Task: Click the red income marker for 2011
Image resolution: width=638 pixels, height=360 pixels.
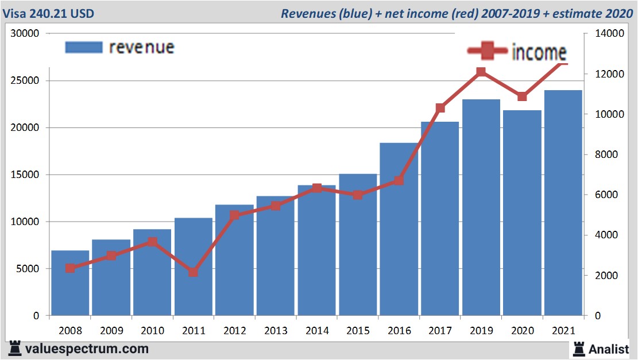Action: [193, 272]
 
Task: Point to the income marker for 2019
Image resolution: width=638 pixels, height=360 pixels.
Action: [481, 72]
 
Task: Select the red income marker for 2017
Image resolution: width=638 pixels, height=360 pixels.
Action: [440, 108]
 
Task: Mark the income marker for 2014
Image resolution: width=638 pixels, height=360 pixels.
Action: [316, 188]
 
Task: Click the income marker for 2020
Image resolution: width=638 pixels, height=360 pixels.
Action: [522, 96]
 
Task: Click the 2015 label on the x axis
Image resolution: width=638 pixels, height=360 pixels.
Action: [358, 331]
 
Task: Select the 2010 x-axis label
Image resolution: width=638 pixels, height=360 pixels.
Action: [152, 331]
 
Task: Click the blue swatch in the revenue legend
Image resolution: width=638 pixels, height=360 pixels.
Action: [83, 47]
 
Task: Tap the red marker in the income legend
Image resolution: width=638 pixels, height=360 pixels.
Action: [488, 51]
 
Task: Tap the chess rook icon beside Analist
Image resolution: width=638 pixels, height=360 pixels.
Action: [578, 349]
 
